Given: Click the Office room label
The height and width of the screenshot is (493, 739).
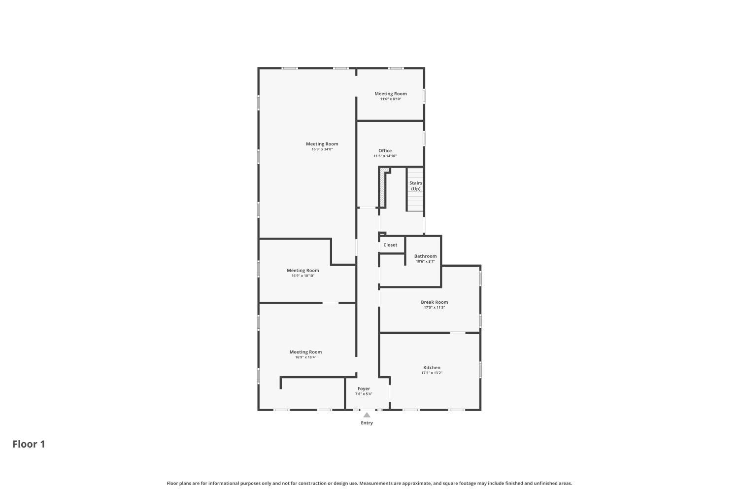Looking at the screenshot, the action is point(385,150).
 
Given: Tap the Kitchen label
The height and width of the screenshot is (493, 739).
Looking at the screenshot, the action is point(432,367).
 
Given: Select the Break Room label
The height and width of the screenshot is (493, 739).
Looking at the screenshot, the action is point(434,302).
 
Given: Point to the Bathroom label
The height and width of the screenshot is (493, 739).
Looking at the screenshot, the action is point(425,256).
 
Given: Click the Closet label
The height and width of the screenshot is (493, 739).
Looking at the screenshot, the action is point(390,245).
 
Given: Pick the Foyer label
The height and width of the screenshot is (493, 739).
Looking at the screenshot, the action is point(364,388).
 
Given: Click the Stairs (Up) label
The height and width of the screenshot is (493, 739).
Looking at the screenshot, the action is point(416,186).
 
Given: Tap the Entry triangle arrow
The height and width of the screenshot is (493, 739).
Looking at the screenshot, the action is point(367,415).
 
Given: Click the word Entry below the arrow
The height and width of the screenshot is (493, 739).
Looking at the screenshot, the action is point(367,423).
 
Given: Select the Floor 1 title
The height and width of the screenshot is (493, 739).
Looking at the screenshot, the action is point(29,444).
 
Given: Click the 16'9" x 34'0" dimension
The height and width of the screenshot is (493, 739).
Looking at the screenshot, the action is point(322,149).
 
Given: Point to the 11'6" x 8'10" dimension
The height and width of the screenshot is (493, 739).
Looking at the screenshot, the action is point(391,99).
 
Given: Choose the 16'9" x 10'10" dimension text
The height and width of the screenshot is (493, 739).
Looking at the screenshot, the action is point(303,276).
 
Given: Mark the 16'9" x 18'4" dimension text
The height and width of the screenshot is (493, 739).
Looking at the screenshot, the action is point(305,357).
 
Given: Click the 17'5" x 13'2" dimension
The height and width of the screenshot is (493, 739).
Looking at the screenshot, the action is point(432,373).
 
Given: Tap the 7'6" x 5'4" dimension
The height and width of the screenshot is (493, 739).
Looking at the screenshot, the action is point(364,394).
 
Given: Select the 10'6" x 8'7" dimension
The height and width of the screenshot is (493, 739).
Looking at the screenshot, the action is point(425,261).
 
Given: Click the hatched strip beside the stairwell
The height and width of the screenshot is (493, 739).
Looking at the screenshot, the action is point(383,187).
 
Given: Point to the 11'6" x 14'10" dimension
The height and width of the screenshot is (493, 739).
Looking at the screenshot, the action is point(385,156).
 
